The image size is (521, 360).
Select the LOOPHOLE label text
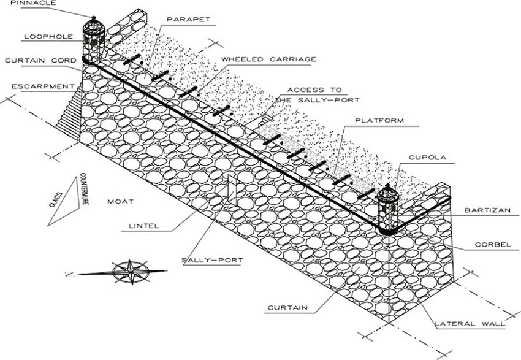[x=45, y=36]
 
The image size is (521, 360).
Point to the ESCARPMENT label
[x=38, y=86]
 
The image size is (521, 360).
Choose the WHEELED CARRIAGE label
[x=268, y=59]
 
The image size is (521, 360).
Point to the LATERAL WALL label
[x=469, y=323]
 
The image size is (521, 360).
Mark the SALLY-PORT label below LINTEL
[x=213, y=260]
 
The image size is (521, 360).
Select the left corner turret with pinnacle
[x=93, y=40]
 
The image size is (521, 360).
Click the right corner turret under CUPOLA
[x=387, y=209]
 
